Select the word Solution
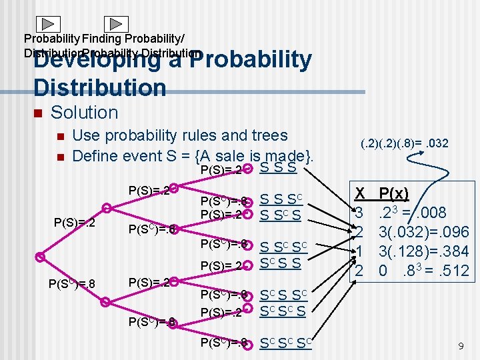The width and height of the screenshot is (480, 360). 84,113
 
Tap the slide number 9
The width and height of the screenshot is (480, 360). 460,346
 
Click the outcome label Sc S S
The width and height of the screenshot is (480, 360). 282,263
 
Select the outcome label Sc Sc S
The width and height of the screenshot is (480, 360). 282,311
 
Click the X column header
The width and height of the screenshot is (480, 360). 361,194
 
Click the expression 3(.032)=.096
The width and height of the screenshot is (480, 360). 424,233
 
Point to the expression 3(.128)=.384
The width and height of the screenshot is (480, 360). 424,252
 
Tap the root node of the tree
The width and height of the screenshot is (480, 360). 41,256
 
